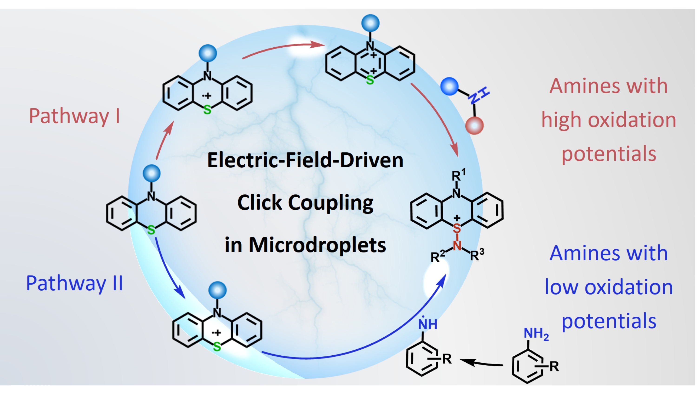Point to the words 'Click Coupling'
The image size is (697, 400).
[x=305, y=203]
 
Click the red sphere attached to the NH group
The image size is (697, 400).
[x=474, y=126]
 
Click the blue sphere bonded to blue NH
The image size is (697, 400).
[x=449, y=86]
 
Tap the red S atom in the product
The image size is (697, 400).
[x=457, y=228]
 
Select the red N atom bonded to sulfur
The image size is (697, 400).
[x=457, y=245]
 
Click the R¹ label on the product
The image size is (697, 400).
[x=458, y=175]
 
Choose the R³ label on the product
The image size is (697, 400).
[x=477, y=255]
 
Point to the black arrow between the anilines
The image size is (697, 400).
[x=481, y=363]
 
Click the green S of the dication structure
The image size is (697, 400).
[x=370, y=80]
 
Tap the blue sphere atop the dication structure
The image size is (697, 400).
[x=370, y=23]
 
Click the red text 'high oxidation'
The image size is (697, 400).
[x=608, y=120]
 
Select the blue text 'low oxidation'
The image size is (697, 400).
[x=608, y=287]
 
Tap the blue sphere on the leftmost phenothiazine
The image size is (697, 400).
[x=151, y=173]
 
